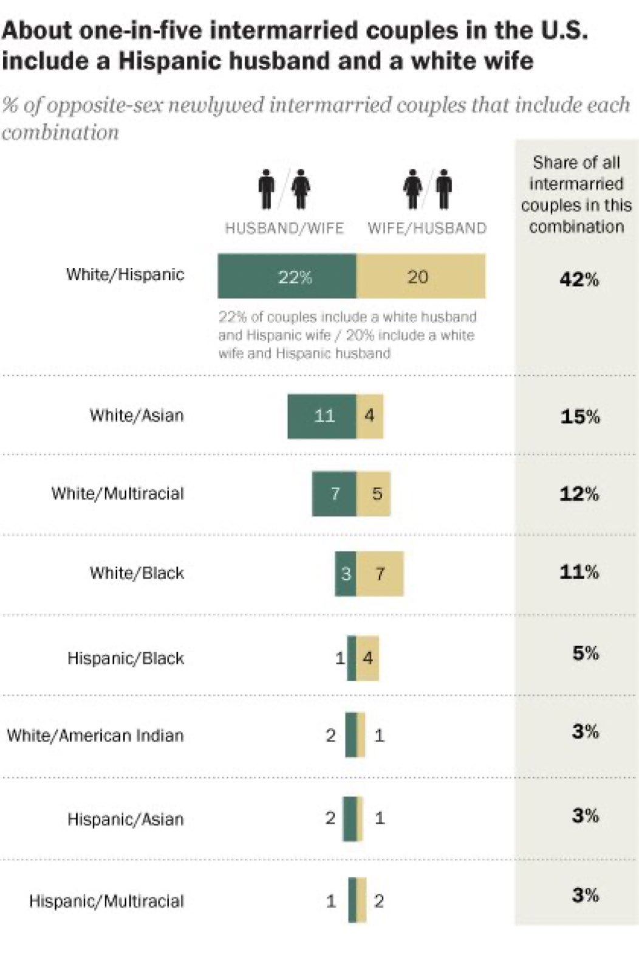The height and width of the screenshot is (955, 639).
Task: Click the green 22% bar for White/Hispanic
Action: tap(287, 277)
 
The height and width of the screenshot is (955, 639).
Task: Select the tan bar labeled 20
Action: tap(420, 277)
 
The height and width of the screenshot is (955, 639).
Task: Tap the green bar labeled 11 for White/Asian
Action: tap(321, 416)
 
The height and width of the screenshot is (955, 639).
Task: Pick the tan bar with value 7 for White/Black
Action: tap(380, 573)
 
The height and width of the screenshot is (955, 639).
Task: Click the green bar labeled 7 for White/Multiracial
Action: tap(334, 494)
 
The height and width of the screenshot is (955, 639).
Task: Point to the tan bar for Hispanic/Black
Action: tap(367, 658)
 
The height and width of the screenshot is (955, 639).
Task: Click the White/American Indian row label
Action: tap(95, 736)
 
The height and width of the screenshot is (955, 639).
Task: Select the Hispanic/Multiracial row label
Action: tap(106, 901)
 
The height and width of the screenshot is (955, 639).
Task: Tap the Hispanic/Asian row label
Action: tap(125, 819)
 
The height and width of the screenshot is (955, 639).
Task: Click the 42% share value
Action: tap(579, 280)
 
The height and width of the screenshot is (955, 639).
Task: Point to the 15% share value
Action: tap(579, 416)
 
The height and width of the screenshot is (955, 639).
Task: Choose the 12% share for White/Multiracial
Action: tap(579, 494)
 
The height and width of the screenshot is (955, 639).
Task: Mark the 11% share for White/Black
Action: tap(579, 572)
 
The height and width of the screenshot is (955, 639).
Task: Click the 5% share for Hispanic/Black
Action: tap(586, 653)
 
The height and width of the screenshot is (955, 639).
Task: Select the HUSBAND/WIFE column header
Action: tap(284, 229)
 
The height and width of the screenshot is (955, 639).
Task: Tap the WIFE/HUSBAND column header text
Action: tap(427, 229)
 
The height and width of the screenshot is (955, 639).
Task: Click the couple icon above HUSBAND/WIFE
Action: tap(284, 189)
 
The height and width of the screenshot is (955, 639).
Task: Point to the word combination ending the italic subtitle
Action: tap(60, 133)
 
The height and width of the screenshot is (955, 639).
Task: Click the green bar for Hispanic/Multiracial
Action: tap(352, 900)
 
